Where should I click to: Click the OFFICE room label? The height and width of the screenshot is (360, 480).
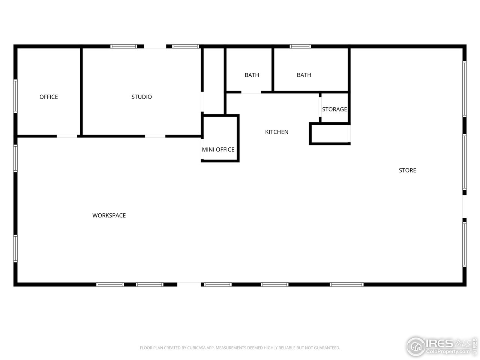pyautogui.click(x=48, y=97)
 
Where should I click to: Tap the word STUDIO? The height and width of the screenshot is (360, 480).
pyautogui.click(x=141, y=97)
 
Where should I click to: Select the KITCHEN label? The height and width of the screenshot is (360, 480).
pyautogui.click(x=277, y=132)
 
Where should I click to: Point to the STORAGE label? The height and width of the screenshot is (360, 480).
pyautogui.click(x=334, y=109)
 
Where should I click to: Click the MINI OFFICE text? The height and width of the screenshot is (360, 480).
pyautogui.click(x=218, y=150)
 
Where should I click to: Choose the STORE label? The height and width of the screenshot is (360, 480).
pyautogui.click(x=407, y=170)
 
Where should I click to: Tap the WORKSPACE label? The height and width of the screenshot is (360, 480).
pyautogui.click(x=109, y=216)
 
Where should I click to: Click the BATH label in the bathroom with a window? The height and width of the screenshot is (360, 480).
pyautogui.click(x=304, y=75)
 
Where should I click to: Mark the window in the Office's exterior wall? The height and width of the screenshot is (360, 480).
pyautogui.click(x=15, y=96)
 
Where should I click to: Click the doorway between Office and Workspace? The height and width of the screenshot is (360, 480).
pyautogui.click(x=67, y=136)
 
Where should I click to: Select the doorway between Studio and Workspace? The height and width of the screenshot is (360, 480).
pyautogui.click(x=155, y=136)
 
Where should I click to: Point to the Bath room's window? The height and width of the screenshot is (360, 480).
pyautogui.click(x=300, y=46)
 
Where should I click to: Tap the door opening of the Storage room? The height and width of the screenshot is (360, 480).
pyautogui.click(x=320, y=107)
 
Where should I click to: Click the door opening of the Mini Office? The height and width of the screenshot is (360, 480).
pyautogui.click(x=202, y=149)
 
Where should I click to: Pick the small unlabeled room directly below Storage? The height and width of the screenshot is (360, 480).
pyautogui.click(x=329, y=133)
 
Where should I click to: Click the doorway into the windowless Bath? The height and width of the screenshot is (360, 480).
pyautogui.click(x=251, y=92)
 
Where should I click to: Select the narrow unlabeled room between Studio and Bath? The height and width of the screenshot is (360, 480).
pyautogui.click(x=213, y=81)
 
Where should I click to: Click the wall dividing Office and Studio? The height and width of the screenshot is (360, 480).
pyautogui.click(x=81, y=91)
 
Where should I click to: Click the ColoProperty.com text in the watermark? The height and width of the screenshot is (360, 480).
pyautogui.click(x=448, y=351)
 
